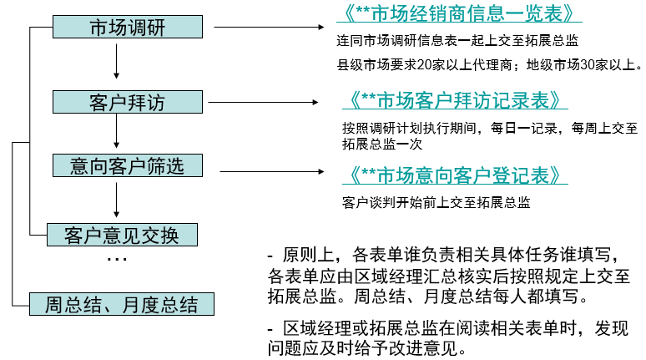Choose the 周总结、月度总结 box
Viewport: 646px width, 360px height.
(121, 303)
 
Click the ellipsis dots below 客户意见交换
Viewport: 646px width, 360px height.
(116, 260)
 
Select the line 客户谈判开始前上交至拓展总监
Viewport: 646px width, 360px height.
(436, 202)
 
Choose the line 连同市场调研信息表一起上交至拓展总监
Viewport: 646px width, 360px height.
(457, 40)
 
